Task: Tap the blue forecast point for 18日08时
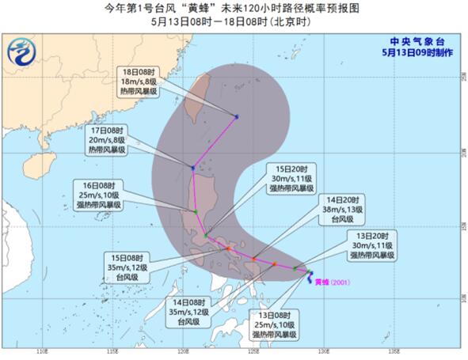pyautogui.click(x=237, y=117)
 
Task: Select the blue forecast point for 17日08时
pyautogui.click(x=193, y=167)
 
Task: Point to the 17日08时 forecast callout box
pyautogui.click(x=106, y=140)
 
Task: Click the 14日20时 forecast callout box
pyautogui.click(x=341, y=208)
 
